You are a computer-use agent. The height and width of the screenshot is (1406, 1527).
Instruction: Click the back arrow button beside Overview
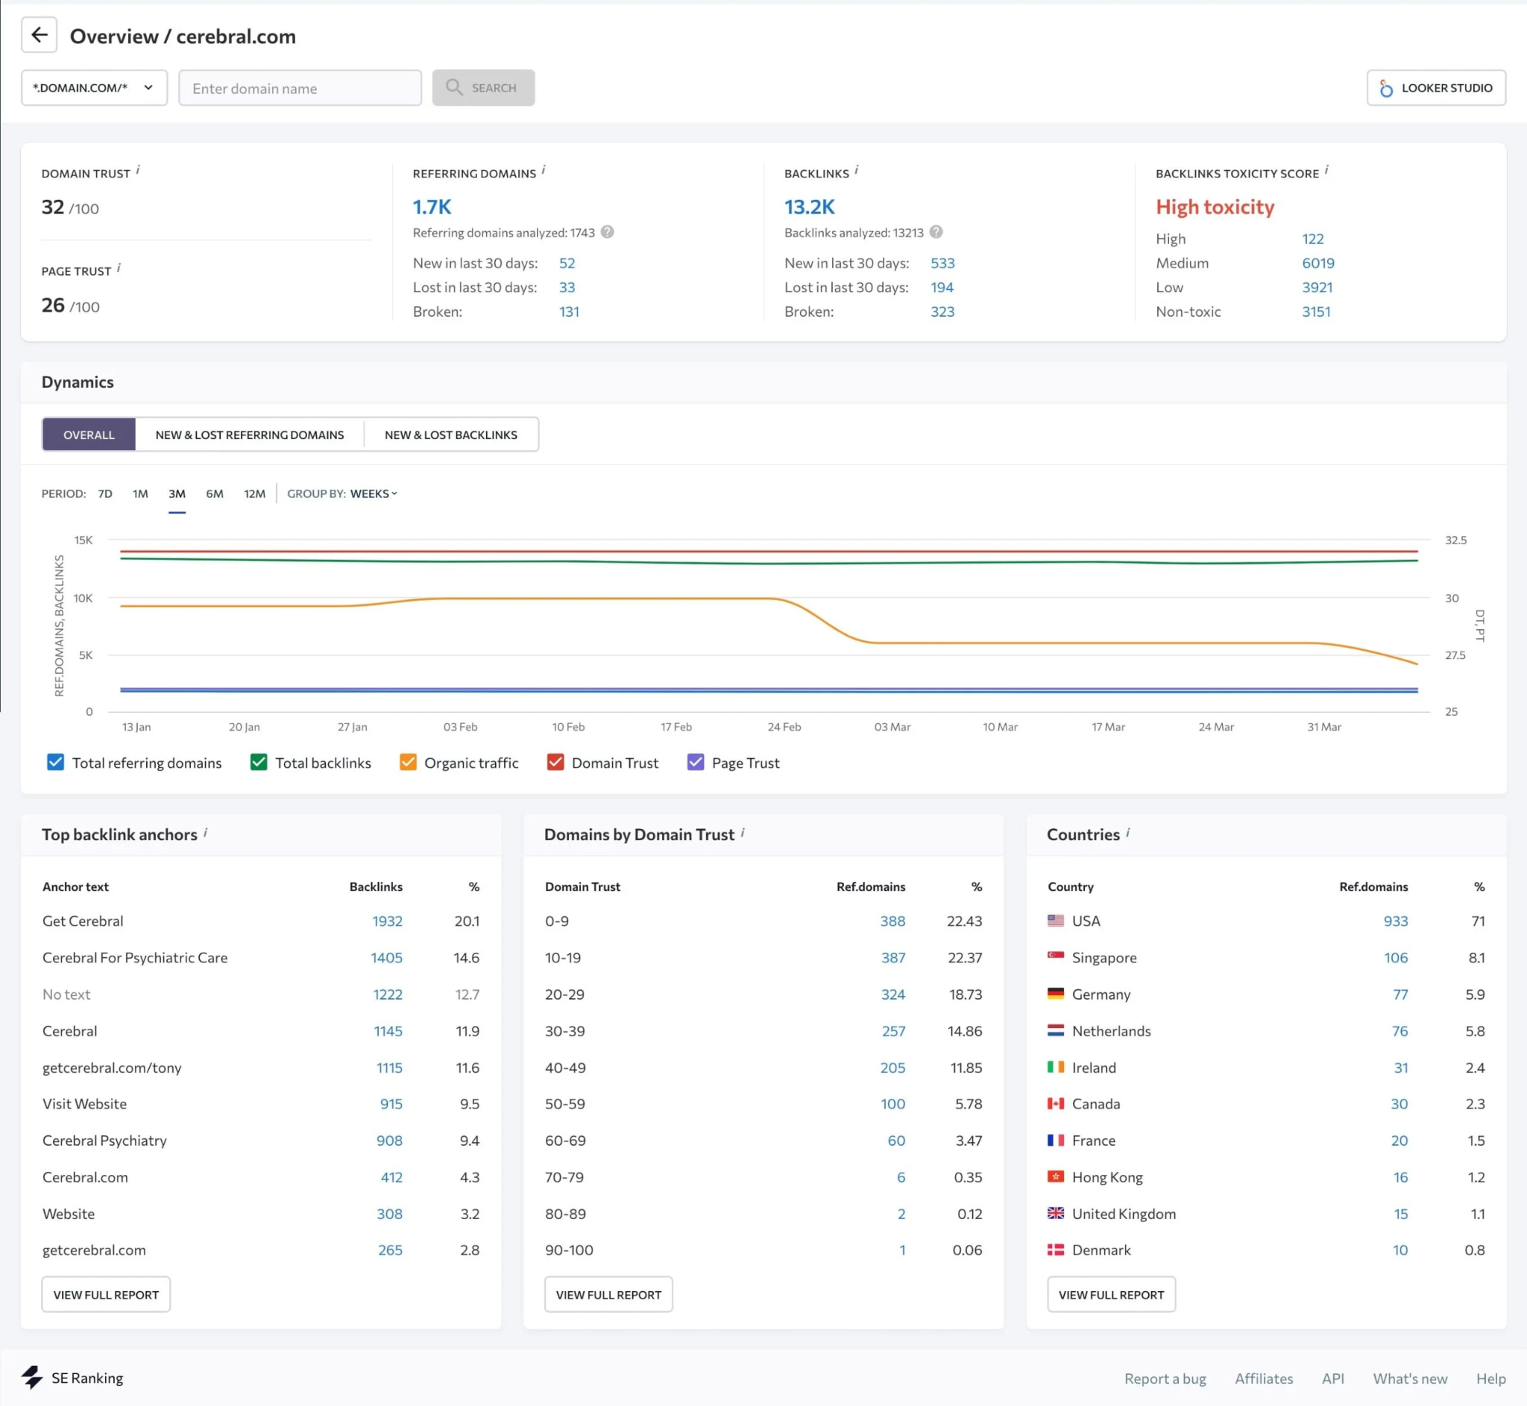click(39, 35)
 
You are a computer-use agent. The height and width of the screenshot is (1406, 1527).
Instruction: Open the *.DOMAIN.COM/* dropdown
click(94, 87)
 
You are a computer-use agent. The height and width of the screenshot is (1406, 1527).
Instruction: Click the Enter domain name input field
click(300, 88)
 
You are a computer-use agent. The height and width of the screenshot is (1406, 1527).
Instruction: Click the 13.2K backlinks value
click(809, 207)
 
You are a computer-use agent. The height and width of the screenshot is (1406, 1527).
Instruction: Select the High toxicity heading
click(1215, 207)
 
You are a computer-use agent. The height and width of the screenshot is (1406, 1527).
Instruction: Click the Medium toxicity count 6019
click(1317, 262)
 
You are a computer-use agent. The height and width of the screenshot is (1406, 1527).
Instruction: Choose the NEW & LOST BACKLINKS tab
click(450, 435)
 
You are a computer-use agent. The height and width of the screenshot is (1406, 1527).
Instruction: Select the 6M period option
click(215, 494)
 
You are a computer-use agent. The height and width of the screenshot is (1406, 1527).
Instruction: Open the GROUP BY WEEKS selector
click(373, 494)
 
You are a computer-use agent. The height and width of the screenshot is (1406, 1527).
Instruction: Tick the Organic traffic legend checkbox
click(408, 763)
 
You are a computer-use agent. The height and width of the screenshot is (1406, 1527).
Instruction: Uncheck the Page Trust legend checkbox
click(695, 763)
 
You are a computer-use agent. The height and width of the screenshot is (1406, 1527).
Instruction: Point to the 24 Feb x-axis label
click(784, 727)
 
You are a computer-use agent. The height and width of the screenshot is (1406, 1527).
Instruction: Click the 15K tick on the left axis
click(83, 540)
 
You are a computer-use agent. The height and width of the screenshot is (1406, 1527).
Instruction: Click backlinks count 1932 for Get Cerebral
click(386, 921)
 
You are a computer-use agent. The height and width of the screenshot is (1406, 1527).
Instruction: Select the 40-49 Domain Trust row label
click(564, 1068)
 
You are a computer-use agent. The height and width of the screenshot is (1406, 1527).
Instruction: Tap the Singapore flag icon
click(1054, 956)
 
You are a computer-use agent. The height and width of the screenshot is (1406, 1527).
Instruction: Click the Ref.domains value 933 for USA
click(1394, 921)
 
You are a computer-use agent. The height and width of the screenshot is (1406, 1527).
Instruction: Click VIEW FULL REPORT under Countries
click(1110, 1294)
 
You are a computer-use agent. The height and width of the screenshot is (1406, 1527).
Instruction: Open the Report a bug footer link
click(1164, 1378)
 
